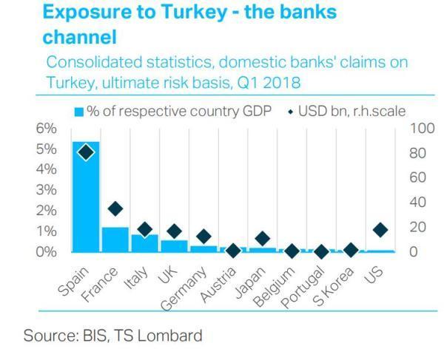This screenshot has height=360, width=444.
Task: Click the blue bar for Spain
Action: click(86, 196)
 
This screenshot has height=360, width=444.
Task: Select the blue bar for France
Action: click(115, 239)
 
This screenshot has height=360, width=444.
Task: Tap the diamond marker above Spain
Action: click(86, 152)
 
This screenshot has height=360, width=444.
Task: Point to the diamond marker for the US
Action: click(380, 230)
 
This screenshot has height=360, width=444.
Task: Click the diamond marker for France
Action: click(115, 208)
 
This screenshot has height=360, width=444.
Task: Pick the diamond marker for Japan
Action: click(262, 238)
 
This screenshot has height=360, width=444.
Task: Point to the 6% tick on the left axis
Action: click(47, 129)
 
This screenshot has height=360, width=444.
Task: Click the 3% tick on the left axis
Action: click(47, 190)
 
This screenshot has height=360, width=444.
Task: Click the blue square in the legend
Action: click(78, 112)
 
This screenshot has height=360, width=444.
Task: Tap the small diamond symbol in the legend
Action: click(290, 112)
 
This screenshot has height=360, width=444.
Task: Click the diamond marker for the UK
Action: click(174, 231)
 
